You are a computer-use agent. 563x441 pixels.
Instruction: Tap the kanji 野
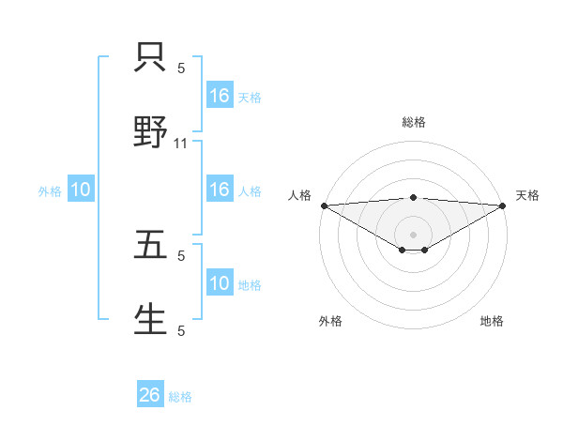coord(151,131)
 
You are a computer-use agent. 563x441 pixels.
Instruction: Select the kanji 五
coord(151,244)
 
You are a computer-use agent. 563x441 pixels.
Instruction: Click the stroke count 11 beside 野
coord(182,143)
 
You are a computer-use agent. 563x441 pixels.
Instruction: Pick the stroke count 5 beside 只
coord(182,68)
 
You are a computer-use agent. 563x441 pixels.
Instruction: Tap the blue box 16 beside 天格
coord(220,96)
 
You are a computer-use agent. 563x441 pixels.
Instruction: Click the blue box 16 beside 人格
coord(220,190)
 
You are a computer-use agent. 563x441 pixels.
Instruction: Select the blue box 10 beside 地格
coord(220,283)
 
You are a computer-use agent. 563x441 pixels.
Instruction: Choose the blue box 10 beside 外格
coord(81,190)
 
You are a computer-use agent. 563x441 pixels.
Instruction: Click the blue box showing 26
coord(150,395)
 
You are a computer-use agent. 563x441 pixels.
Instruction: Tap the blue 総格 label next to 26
coord(180,396)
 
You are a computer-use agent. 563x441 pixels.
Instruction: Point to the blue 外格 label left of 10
coord(50,190)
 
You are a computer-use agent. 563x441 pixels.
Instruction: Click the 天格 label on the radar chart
coord(527,195)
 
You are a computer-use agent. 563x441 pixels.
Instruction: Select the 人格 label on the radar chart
coord(298,195)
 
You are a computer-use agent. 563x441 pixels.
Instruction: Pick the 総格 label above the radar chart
coord(414,122)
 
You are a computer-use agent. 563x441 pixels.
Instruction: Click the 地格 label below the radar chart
coord(492,321)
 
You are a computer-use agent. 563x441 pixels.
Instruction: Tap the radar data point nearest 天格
coord(503,205)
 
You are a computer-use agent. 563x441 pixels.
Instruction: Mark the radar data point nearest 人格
coord(324,205)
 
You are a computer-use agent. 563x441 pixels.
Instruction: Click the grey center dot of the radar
coord(414,235)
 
